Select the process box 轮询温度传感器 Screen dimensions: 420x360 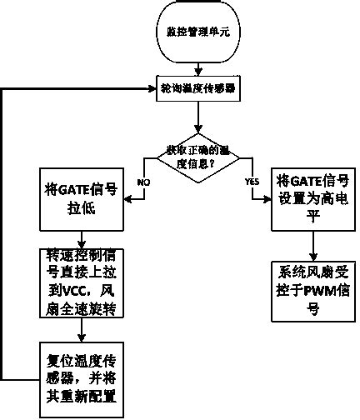pyautogui.click(x=197, y=87)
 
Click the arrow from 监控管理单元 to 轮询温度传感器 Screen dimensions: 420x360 pyautogui.click(x=197, y=71)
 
